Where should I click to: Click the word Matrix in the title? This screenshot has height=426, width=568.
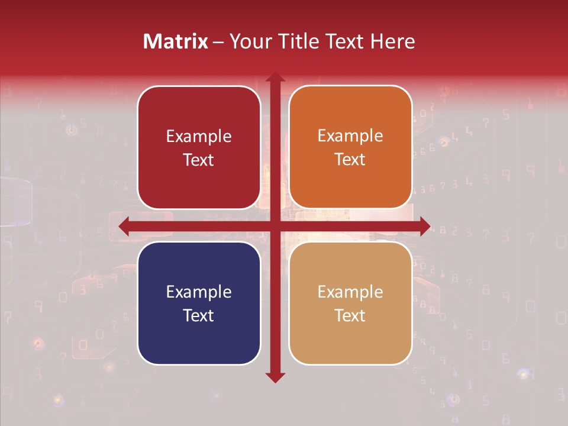click(176, 41)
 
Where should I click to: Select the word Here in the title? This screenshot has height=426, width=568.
click(392, 41)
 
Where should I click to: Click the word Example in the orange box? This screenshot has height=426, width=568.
click(350, 136)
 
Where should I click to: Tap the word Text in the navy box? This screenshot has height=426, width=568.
click(199, 315)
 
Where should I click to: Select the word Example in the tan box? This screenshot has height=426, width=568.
click(350, 292)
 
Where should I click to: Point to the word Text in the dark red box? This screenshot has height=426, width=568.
click(199, 160)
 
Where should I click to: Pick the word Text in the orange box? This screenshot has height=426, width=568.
click(350, 160)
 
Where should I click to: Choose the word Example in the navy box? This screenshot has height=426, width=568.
click(199, 292)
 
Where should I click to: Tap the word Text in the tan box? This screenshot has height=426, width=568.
click(350, 315)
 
